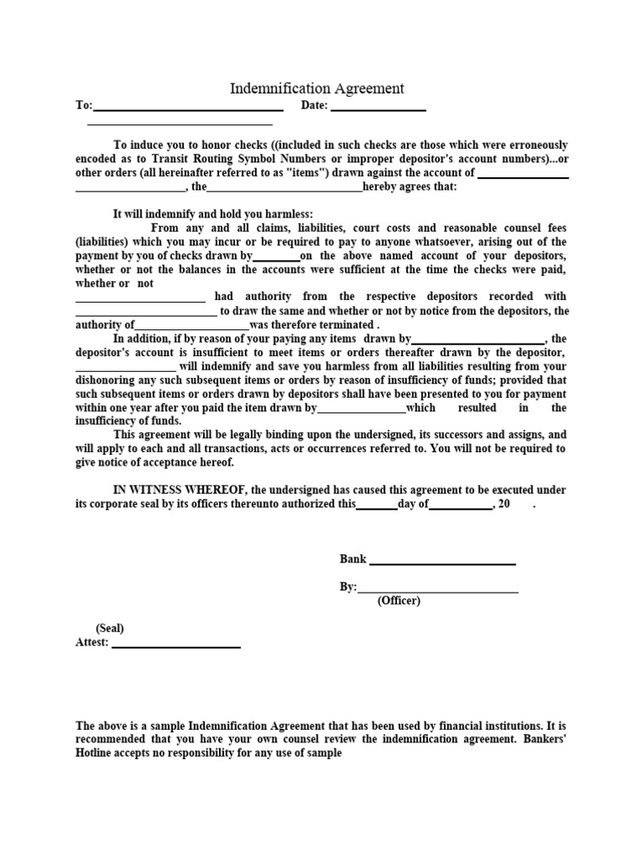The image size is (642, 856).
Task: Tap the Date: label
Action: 314,106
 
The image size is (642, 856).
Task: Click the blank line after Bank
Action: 442,562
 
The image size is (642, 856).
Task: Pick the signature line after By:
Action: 438,590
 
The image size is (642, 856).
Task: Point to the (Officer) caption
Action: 399,601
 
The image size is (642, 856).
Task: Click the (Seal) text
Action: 110,629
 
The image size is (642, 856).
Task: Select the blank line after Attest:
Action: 176,645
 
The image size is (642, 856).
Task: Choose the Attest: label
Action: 92,643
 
